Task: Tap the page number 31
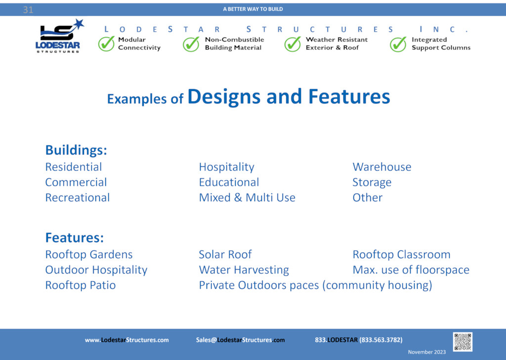[28, 10]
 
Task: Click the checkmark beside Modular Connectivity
[107, 44]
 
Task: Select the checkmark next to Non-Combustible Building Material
[191, 44]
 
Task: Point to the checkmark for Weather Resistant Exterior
[293, 44]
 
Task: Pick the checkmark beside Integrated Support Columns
[398, 44]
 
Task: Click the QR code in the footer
[463, 342]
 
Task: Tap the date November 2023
[426, 352]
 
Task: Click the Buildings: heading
[76, 150]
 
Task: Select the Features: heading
[75, 238]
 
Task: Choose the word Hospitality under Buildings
[226, 167]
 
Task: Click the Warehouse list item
[382, 167]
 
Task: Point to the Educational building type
[229, 182]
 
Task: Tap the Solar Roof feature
[225, 254]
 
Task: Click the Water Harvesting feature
[244, 270]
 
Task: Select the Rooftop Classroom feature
[401, 254]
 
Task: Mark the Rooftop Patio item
[81, 285]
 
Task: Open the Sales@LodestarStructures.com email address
[241, 340]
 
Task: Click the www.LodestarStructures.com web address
[127, 340]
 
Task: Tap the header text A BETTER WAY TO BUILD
[253, 9]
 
